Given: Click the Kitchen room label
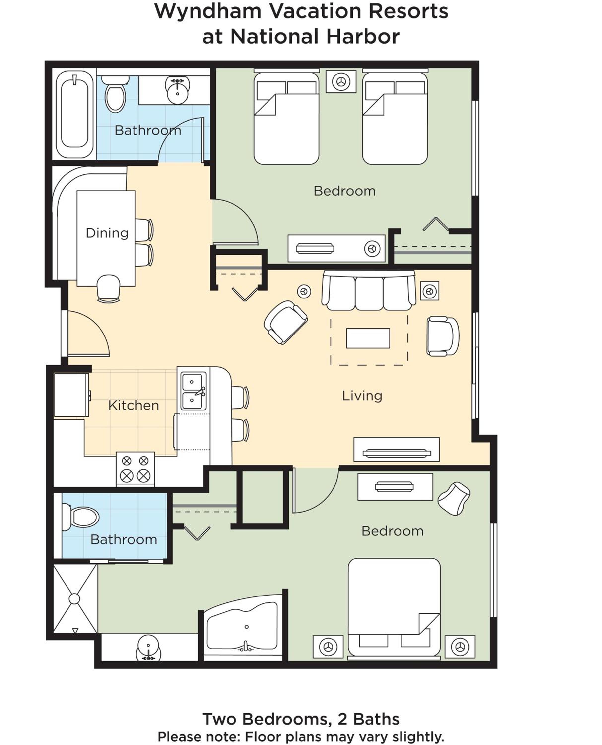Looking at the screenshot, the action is coord(134,405).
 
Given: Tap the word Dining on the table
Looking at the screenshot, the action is coord(107,233).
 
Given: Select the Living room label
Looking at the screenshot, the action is coord(362,396).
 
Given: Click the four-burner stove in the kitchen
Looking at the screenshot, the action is coord(135,468).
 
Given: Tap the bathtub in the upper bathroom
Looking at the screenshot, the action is coord(74,114).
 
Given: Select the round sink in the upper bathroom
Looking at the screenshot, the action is coord(178,89).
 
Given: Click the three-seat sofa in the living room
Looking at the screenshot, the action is coord(369,291).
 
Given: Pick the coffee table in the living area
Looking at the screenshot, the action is coord(368,338).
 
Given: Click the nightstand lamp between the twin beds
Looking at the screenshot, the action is coord(341,81).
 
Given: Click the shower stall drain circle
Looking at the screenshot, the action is coord(74,598).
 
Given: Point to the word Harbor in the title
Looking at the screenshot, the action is coord(363,37).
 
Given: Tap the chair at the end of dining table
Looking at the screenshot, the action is coord(108,288).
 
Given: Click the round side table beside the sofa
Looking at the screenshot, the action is coord(304,292).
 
